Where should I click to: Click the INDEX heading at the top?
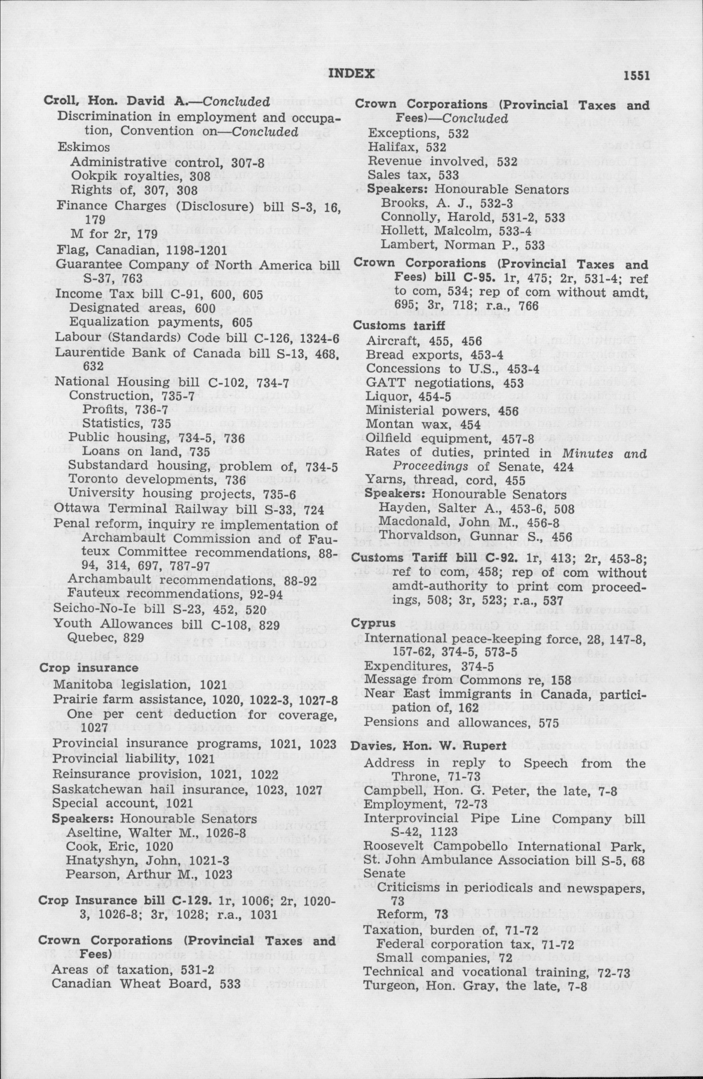351,73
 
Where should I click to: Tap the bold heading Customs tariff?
392,325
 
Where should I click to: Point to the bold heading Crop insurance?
89,668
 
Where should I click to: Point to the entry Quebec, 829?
106,637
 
